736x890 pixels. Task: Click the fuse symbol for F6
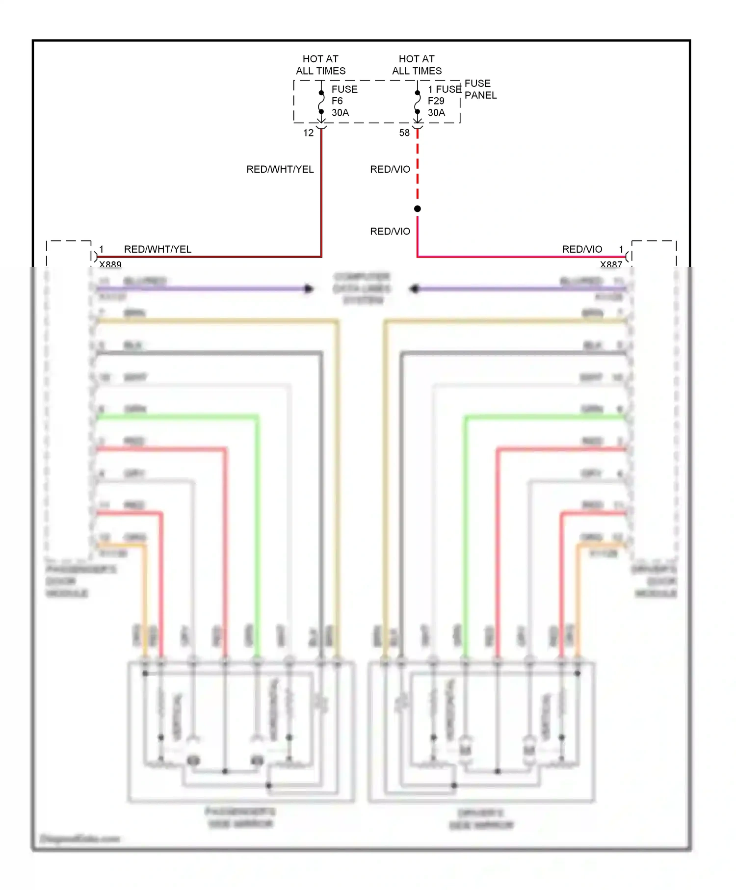(321, 102)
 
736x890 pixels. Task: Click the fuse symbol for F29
(418, 102)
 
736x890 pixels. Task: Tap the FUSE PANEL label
(480, 89)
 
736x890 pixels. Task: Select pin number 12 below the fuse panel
(308, 133)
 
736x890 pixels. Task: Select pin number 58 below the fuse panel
(404, 133)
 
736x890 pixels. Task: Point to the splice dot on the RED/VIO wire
(418, 209)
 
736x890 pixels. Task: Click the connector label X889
(110, 264)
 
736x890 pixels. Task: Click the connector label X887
(611, 264)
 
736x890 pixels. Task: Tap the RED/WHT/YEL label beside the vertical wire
(280, 169)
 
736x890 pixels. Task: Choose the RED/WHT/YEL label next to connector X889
(158, 249)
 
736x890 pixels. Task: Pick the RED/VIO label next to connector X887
(582, 249)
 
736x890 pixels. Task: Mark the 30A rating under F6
(340, 113)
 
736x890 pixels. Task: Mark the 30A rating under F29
(436, 113)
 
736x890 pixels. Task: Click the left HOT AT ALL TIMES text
(320, 65)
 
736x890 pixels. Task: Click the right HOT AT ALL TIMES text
(417, 65)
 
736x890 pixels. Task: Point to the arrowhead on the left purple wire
(309, 288)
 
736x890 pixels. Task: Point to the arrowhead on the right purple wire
(415, 288)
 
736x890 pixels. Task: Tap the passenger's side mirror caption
(240, 817)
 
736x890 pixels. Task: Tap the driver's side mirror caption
(481, 819)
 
